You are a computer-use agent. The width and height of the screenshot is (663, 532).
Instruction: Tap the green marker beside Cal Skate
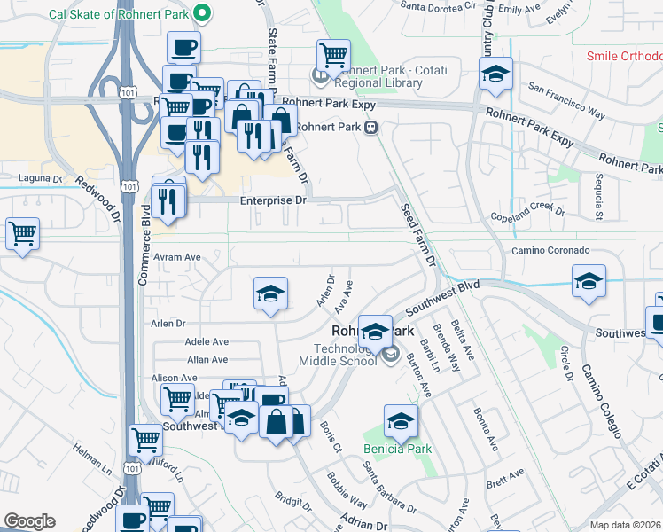(202, 13)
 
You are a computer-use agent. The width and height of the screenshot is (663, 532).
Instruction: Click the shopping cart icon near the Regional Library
(333, 56)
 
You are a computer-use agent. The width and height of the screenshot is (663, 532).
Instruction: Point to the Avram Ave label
(178, 257)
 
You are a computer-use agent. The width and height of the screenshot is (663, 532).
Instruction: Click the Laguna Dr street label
(41, 178)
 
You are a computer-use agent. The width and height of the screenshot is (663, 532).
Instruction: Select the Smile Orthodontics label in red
(625, 56)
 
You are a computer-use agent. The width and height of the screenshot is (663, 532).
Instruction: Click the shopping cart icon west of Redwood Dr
(22, 235)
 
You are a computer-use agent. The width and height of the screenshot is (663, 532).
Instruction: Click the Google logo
(30, 521)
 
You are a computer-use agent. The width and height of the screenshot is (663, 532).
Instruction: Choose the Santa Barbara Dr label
(390, 488)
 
